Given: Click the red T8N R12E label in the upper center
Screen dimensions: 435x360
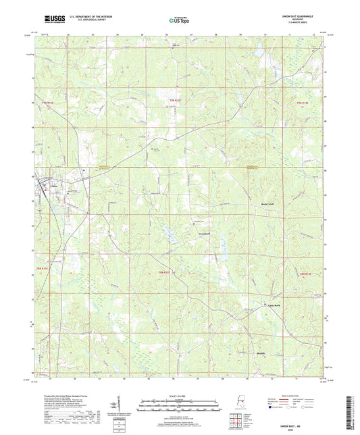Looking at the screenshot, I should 175,101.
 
